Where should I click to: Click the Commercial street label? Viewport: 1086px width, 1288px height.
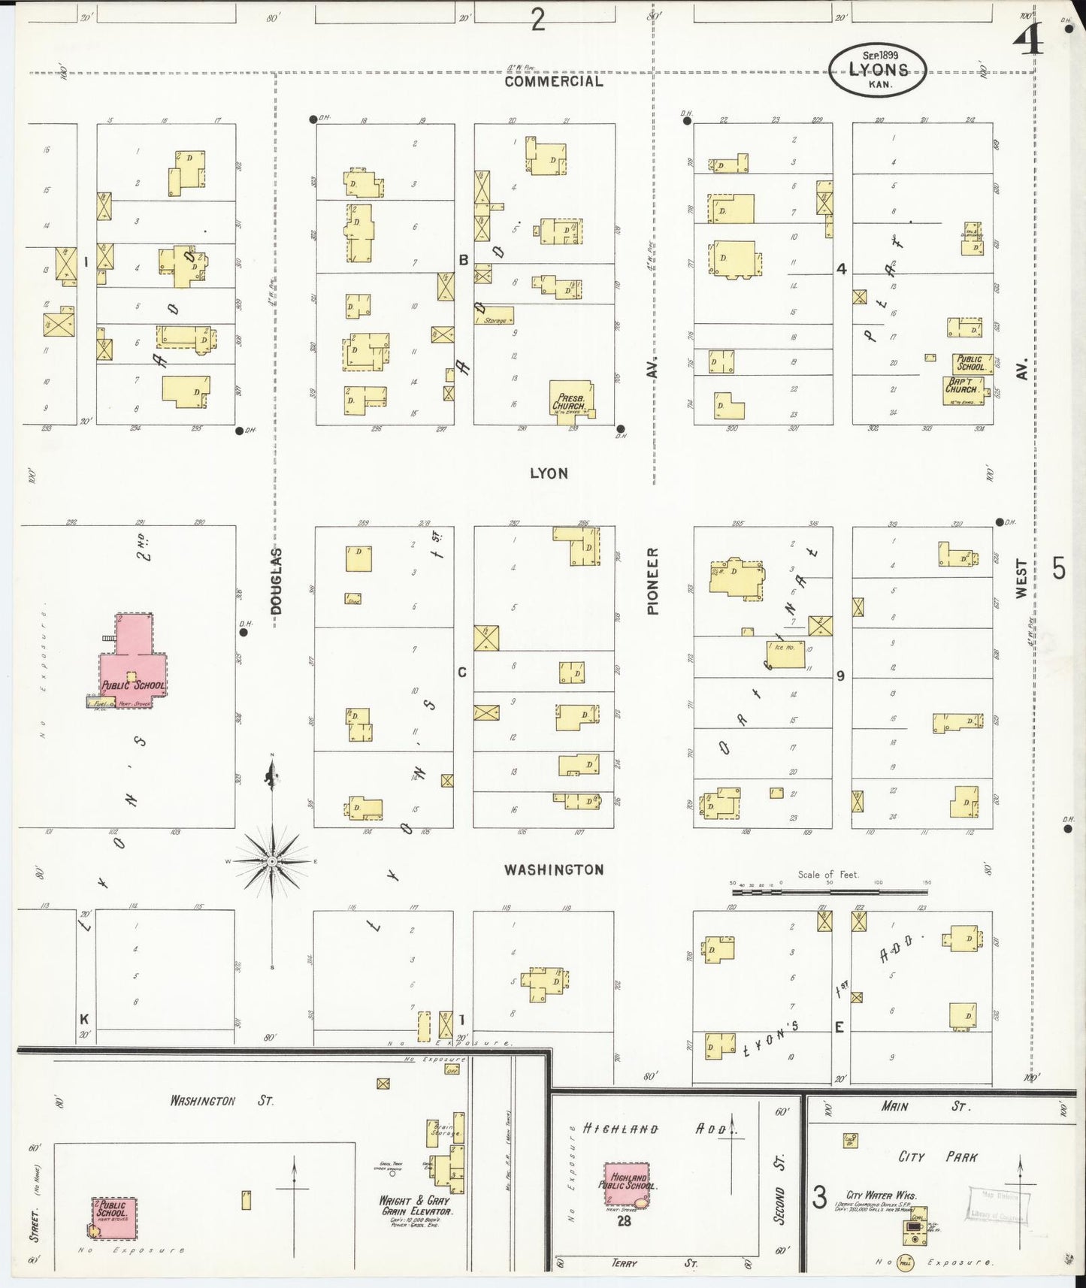pos(553,81)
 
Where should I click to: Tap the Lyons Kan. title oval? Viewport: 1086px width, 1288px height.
pos(878,70)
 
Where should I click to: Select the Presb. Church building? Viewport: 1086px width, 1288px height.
pos(571,401)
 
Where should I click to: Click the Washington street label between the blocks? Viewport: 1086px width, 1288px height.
pos(553,869)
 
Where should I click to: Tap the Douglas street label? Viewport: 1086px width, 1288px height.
pos(276,581)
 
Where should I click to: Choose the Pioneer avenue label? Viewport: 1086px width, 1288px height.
pos(652,580)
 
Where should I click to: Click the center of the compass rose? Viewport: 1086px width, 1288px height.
pos(271,860)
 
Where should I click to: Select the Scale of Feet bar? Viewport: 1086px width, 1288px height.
pos(830,892)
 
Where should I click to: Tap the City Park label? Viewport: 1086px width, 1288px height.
pos(937,1157)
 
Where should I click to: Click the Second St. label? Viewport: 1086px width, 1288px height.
pos(779,1198)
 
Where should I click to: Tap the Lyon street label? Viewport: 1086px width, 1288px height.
pos(549,473)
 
